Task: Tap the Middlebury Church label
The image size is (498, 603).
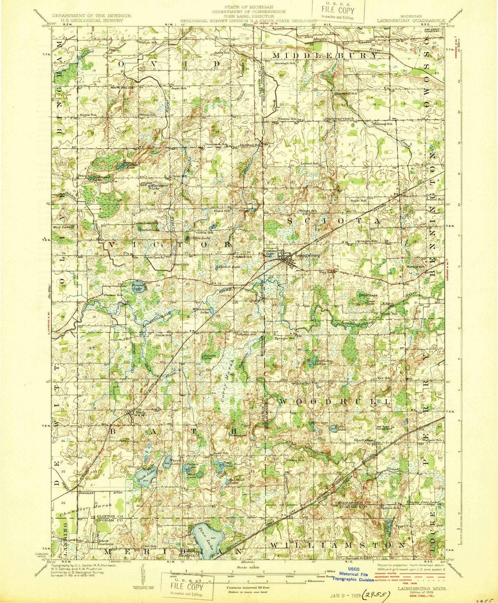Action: (x=340, y=118)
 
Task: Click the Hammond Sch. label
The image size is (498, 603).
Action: (x=347, y=94)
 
